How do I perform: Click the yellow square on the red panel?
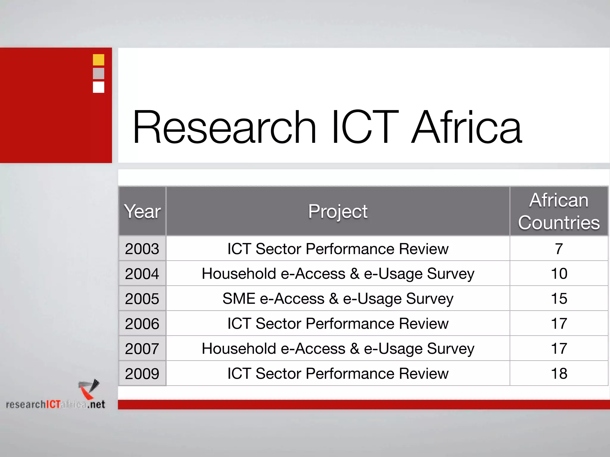(x=98, y=60)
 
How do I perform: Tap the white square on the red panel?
(x=98, y=87)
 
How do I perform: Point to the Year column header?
(x=142, y=211)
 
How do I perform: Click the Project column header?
(x=337, y=211)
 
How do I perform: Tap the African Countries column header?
(x=559, y=211)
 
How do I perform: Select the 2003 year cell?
(x=142, y=249)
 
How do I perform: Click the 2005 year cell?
(x=142, y=299)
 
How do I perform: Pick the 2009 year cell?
(x=142, y=374)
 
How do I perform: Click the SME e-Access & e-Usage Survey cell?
(x=337, y=299)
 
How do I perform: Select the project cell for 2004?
(x=337, y=274)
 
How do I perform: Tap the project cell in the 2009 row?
(x=337, y=374)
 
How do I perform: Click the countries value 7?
(x=559, y=249)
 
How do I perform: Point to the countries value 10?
(x=559, y=274)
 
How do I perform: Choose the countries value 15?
(x=559, y=299)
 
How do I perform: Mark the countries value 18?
(x=559, y=374)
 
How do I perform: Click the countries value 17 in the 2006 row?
(x=559, y=324)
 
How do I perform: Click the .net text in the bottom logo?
(x=96, y=405)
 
